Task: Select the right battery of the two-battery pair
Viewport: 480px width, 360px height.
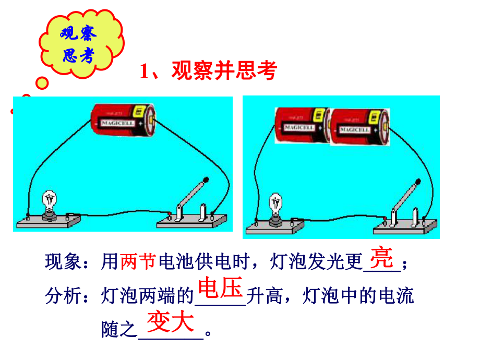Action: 359,126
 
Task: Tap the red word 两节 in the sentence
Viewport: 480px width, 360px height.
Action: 138,262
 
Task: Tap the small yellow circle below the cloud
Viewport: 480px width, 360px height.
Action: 42,83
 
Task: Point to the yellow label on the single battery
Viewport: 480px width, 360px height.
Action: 139,111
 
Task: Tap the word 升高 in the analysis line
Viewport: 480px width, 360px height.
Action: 265,296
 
